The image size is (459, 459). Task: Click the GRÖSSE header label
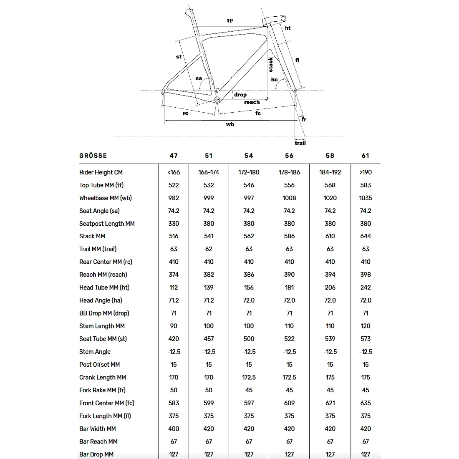point(93,156)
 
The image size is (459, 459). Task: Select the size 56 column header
point(289,156)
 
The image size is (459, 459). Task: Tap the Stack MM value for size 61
point(366,236)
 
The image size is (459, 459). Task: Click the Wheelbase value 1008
point(289,198)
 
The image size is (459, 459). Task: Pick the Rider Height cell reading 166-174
point(209,172)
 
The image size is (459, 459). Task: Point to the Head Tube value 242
point(366,288)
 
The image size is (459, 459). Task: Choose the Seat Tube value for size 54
point(249,339)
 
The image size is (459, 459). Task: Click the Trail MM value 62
point(209,249)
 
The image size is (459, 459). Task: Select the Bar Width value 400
point(174,429)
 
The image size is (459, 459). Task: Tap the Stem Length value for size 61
point(366,326)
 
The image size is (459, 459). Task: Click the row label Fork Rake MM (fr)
point(102,390)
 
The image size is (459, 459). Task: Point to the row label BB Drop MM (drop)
point(104,313)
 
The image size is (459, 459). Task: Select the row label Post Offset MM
point(99,365)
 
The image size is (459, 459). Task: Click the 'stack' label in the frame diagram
point(271,64)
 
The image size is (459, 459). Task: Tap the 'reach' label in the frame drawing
point(252,102)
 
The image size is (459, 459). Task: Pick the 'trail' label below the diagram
point(300,143)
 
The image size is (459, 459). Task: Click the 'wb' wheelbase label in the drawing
point(230,124)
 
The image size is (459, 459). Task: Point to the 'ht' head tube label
point(288,28)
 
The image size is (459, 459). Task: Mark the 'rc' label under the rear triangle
point(186,113)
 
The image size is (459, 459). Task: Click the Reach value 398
point(366,275)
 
